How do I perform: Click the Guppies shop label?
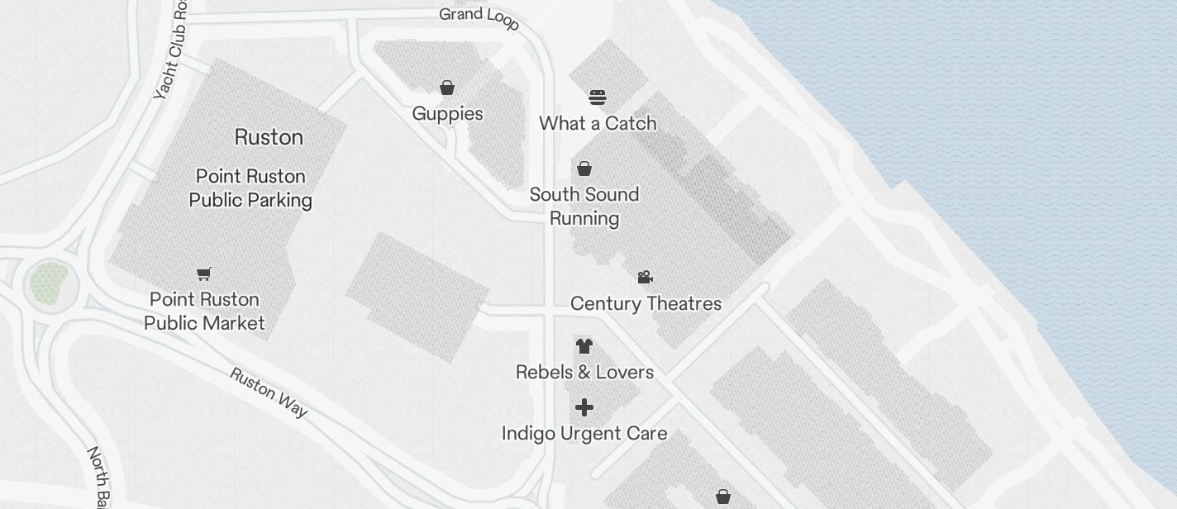point(447,114)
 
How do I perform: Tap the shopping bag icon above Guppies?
point(447,88)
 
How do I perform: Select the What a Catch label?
point(598,124)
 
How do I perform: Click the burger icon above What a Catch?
point(598,98)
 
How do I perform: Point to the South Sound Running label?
point(584,207)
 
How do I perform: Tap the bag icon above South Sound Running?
point(584,169)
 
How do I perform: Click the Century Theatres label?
point(646,304)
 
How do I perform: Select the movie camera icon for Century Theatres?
point(646,277)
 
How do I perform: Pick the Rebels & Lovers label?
point(584,373)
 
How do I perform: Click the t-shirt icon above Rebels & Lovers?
point(584,345)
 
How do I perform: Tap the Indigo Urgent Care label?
point(584,434)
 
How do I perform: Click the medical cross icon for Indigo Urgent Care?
point(584,407)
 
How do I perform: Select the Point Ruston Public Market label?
point(204,312)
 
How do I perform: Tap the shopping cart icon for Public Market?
point(204,274)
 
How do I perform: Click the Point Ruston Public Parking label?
point(250,188)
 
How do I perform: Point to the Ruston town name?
point(269,137)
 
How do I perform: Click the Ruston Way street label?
point(269,392)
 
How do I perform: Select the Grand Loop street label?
point(479,17)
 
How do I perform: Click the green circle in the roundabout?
point(50,283)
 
